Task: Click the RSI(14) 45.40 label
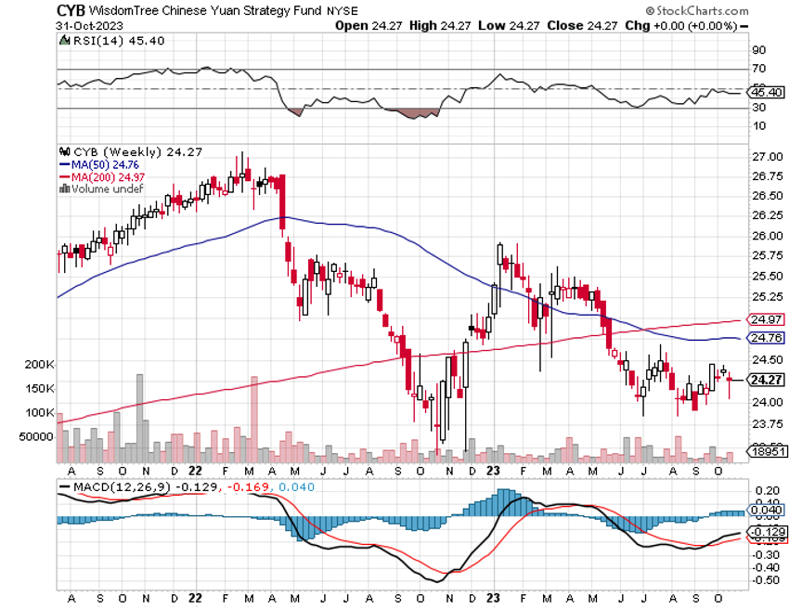click(108, 42)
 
